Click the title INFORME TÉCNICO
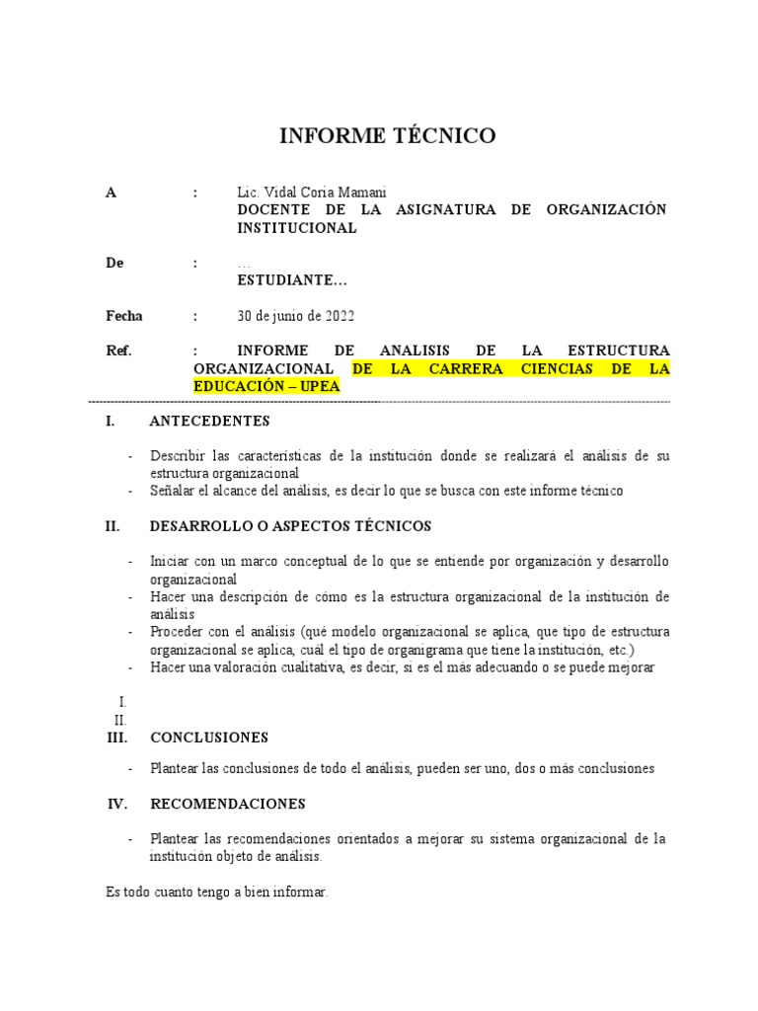tap(388, 136)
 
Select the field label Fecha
tap(124, 316)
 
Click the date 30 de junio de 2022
tap(295, 316)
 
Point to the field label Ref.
tap(118, 351)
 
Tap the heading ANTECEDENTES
tap(209, 421)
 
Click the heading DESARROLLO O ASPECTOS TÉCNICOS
tap(290, 526)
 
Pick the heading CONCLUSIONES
tap(209, 737)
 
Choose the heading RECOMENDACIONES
tap(227, 804)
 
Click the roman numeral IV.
tap(117, 804)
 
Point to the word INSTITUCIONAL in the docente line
tap(296, 227)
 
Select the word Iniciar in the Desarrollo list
tap(171, 561)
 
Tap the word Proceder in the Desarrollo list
tap(178, 631)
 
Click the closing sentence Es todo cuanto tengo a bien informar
tap(216, 892)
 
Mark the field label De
tap(115, 263)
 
